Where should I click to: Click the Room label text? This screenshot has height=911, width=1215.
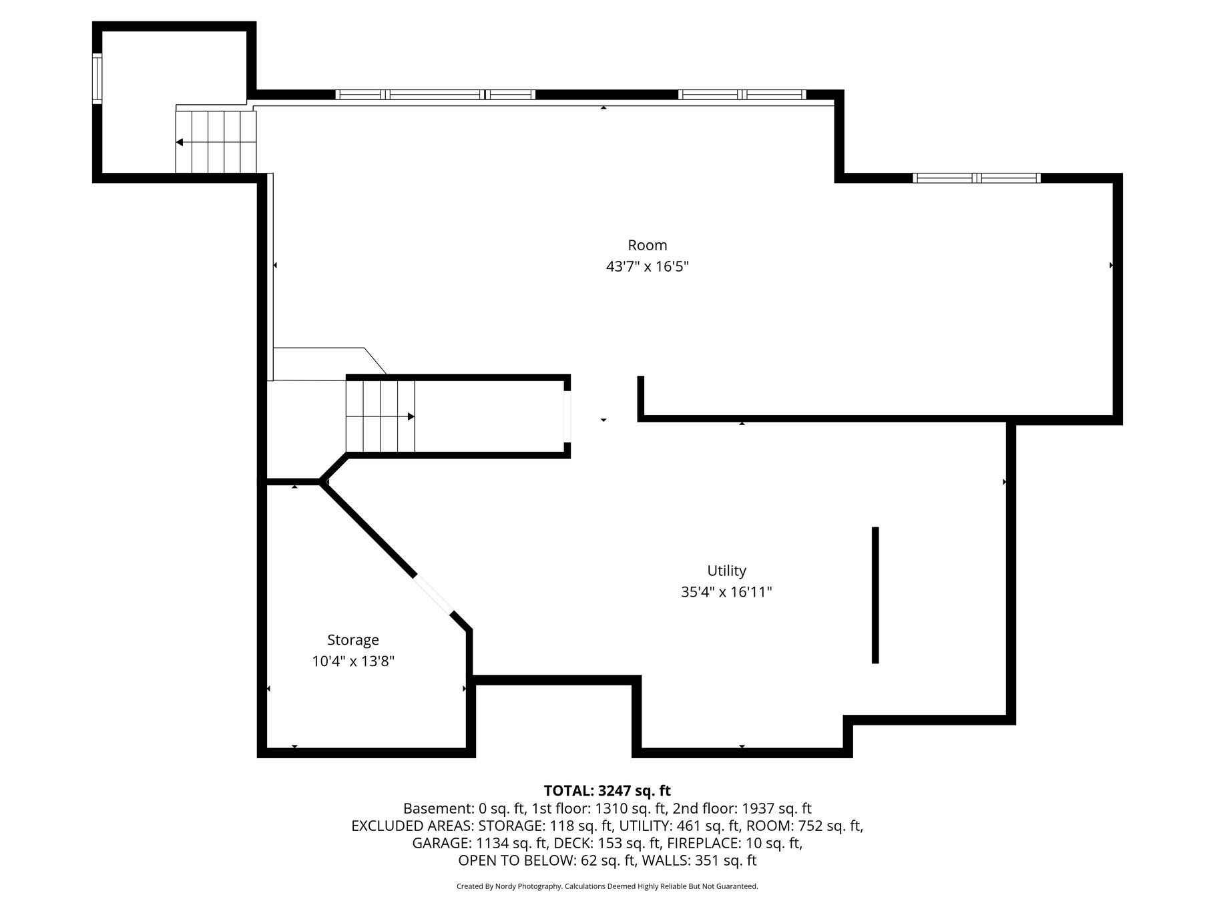click(647, 245)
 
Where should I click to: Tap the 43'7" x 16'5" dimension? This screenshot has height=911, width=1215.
click(647, 266)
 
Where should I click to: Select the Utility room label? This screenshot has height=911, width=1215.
click(726, 571)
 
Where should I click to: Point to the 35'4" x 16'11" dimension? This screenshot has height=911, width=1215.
click(726, 592)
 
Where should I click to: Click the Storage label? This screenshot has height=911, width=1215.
click(353, 640)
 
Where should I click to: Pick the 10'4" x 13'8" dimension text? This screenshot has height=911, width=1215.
click(353, 661)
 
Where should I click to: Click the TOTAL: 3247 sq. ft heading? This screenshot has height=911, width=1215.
click(607, 791)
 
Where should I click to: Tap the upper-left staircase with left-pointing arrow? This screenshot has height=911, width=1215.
click(216, 141)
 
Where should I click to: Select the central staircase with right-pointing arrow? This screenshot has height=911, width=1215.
click(380, 416)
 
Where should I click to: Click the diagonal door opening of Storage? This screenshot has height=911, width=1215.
click(433, 594)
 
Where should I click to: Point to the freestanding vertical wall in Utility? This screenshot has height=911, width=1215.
click(875, 595)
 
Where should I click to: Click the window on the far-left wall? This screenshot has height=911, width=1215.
click(97, 78)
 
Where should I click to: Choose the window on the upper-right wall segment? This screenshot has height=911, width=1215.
click(977, 178)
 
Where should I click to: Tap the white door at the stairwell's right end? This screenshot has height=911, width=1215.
click(567, 416)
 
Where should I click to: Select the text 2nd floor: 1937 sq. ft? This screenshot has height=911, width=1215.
click(742, 809)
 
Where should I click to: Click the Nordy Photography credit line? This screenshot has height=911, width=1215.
click(607, 886)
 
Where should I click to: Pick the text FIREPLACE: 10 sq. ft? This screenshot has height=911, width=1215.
click(734, 844)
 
